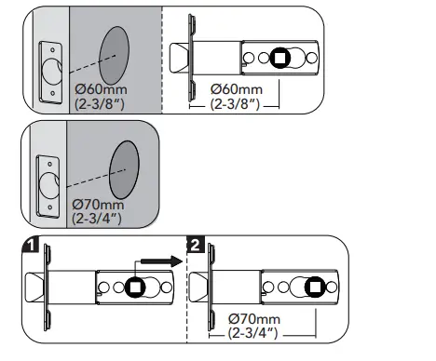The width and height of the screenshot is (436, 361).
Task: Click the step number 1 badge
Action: (31, 244)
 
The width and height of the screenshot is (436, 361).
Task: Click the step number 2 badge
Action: (196, 245)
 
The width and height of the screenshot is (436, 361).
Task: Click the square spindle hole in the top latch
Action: (280, 58)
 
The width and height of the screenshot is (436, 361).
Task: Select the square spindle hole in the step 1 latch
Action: (135, 287)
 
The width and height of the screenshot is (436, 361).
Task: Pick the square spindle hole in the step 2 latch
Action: (315, 287)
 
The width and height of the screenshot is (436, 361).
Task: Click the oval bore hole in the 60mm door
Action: (114, 55)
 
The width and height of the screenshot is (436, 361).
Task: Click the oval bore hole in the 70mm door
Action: (124, 169)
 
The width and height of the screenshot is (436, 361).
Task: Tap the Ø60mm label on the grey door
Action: (101, 89)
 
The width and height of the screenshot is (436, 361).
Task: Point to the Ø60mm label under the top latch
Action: (237, 89)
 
